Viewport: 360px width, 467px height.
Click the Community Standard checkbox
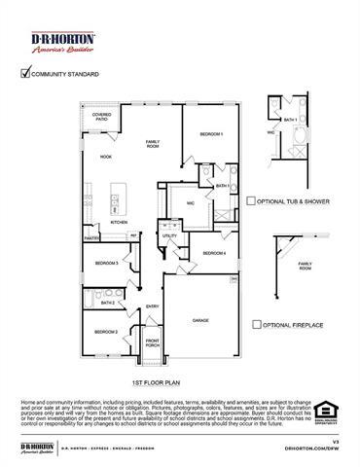pyautogui.click(x=24, y=73)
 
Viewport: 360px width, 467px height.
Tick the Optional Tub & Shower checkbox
pyautogui.click(x=250, y=201)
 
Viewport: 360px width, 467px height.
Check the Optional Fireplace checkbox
pyautogui.click(x=255, y=324)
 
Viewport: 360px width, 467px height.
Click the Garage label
pyautogui.click(x=200, y=319)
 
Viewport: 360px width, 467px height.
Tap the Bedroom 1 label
pyautogui.click(x=212, y=133)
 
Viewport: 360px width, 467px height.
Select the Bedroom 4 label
pyautogui.click(x=214, y=254)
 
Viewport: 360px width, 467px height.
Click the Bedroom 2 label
pyautogui.click(x=106, y=332)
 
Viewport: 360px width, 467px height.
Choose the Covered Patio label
pyautogui.click(x=102, y=117)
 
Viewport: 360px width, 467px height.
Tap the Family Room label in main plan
pyautogui.click(x=153, y=145)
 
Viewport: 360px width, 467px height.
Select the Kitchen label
pyautogui.click(x=119, y=222)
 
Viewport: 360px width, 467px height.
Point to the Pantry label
pyautogui.click(x=91, y=236)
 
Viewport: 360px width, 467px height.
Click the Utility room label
pyautogui.click(x=169, y=235)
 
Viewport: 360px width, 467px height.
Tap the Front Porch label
pyautogui.click(x=153, y=343)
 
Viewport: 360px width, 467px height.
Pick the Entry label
pyautogui.click(x=153, y=307)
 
